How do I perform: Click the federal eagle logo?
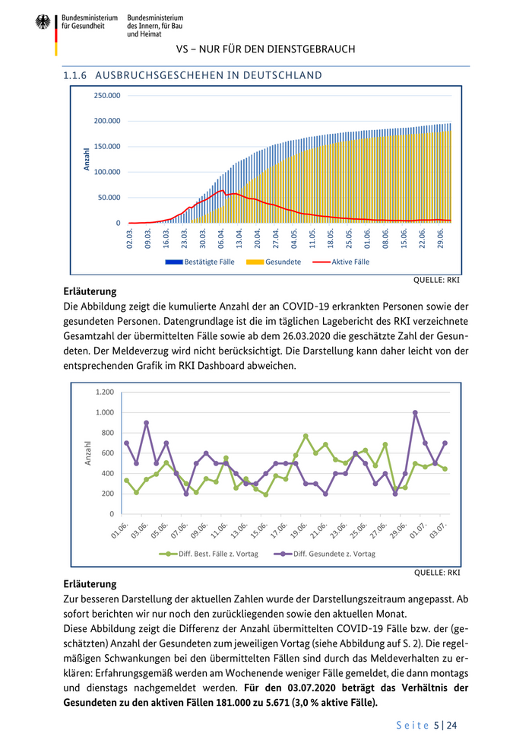click(43, 22)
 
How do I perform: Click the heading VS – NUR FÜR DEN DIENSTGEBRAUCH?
click(265, 49)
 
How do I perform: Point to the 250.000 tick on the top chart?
click(106, 96)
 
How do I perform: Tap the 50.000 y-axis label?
click(109, 198)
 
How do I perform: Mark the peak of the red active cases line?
click(221, 190)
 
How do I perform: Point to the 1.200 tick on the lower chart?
click(104, 392)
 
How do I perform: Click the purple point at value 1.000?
click(415, 413)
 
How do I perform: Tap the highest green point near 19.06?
click(306, 436)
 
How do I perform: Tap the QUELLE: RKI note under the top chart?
click(436, 279)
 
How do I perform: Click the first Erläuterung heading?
click(90, 291)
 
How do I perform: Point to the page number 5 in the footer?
click(436, 726)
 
